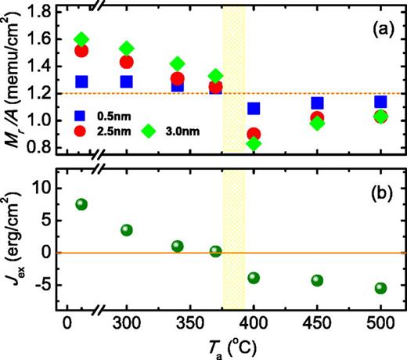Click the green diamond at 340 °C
(178, 64)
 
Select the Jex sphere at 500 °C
(380, 288)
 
